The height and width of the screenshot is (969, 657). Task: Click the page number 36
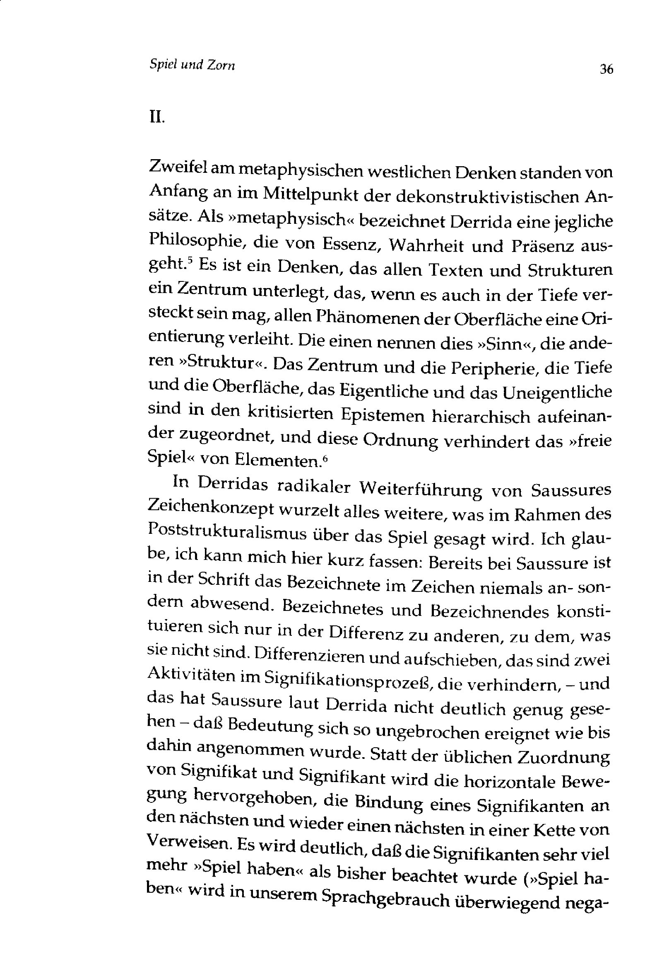tap(606, 69)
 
